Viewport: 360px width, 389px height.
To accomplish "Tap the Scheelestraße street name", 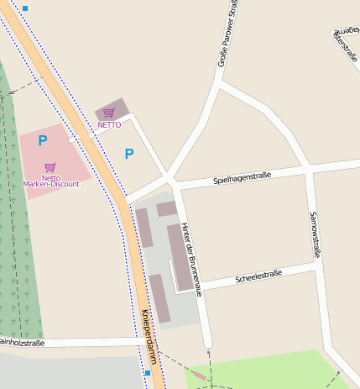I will (258, 275).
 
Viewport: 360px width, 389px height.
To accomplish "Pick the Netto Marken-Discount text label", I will (50, 181).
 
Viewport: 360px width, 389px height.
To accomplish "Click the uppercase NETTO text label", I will (109, 125).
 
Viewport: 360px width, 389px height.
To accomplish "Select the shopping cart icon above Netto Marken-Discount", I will (50, 167).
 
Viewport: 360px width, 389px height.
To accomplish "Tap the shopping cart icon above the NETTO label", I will (109, 113).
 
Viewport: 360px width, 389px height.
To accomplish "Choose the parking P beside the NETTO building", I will (129, 153).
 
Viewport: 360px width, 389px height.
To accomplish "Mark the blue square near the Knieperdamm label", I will (147, 372).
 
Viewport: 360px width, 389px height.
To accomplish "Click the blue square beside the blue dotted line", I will (25, 8).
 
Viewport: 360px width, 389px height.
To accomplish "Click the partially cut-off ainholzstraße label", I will (22, 343).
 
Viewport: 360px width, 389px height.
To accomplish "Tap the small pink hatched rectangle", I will (200, 376).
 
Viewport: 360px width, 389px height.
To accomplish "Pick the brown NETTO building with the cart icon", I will (112, 109).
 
